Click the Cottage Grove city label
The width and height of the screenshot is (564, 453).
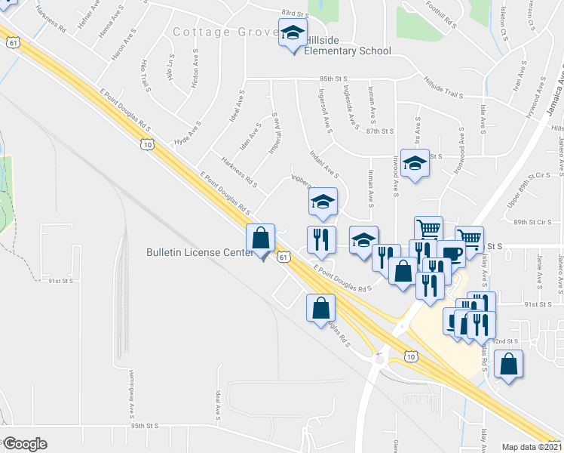222,32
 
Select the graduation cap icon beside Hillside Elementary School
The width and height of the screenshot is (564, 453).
293,33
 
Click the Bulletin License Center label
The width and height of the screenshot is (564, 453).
199,254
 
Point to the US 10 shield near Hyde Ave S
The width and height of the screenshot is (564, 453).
147,143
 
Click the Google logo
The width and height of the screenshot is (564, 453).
24,444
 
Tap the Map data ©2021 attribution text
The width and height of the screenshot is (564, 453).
532,447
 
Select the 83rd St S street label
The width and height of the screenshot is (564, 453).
296,13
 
